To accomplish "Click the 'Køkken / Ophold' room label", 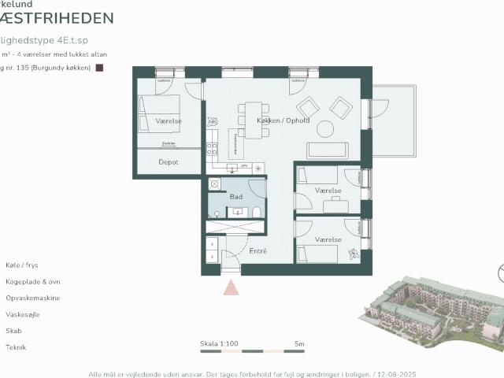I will coord(283,120).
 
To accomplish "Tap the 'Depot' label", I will coord(169,162).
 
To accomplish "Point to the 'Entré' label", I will coord(258,251).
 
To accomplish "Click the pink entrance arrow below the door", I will coord(231,286).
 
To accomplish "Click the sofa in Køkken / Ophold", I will coord(327,150).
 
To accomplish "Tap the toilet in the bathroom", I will coord(256,211).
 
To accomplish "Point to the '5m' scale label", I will coord(299,344).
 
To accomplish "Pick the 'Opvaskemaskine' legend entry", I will coord(33,298).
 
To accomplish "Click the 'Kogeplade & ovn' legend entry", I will coord(33,282).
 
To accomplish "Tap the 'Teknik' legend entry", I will coord(17,347).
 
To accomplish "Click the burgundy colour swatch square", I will coord(99,69).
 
